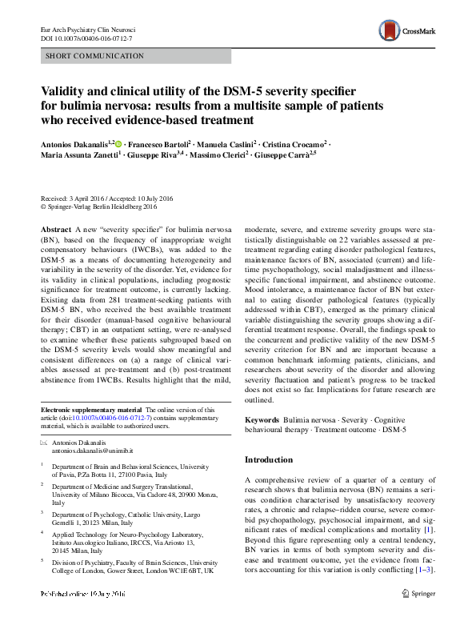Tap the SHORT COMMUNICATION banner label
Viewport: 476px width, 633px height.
click(x=95, y=56)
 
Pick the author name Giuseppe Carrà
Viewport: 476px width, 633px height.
click(x=285, y=155)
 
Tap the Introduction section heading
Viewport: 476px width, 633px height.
click(x=268, y=459)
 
